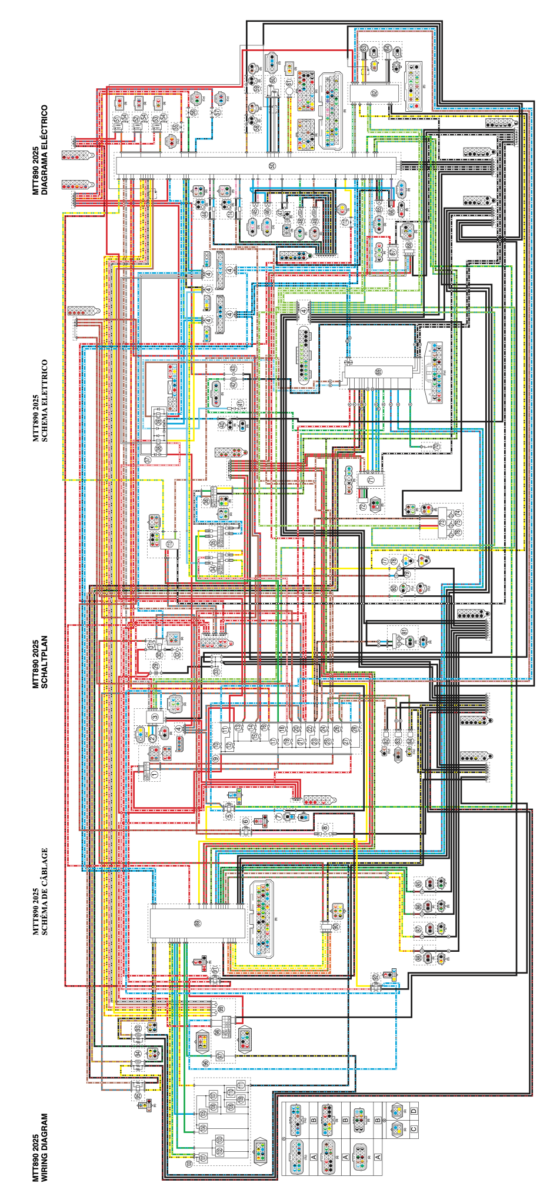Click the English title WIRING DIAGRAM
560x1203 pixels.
click(41, 1147)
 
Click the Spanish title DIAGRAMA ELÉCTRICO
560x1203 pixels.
click(41, 150)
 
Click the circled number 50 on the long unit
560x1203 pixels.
click(272, 166)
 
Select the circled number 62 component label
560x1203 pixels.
click(374, 93)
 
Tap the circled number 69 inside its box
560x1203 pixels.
click(378, 372)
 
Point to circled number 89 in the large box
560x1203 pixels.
click(198, 923)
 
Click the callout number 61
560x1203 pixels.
click(289, 84)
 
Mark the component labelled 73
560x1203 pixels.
click(442, 522)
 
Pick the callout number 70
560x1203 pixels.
click(436, 446)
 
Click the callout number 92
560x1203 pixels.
click(375, 977)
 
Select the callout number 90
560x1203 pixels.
click(336, 927)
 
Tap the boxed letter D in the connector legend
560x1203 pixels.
click(414, 1111)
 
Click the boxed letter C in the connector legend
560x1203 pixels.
click(414, 1129)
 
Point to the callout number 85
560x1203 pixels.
click(418, 884)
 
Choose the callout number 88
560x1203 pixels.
click(418, 958)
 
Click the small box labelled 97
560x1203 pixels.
click(220, 1055)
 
